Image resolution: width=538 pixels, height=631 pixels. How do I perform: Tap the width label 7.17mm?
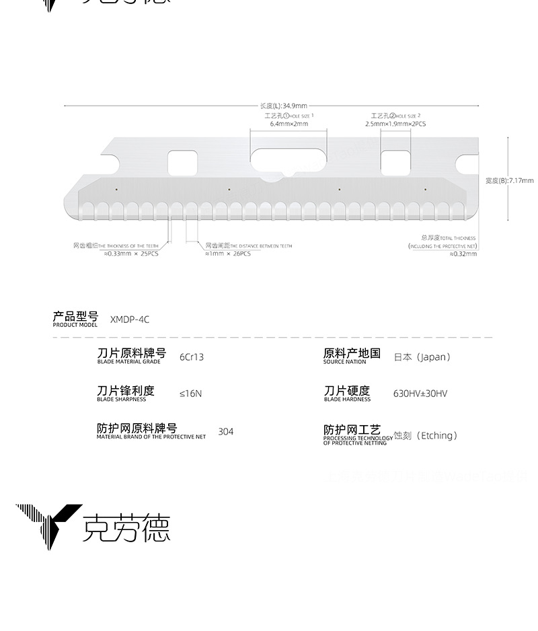tap(509, 180)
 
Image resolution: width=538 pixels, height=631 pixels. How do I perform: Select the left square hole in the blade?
tap(182, 161)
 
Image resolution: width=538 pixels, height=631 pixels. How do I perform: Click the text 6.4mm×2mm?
tap(289, 124)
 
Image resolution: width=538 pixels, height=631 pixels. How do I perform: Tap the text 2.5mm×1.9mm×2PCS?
tap(395, 124)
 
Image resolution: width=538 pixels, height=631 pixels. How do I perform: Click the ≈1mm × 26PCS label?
tap(228, 254)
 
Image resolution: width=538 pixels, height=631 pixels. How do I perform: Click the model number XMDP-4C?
tap(130, 320)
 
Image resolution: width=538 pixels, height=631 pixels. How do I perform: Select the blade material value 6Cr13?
tap(192, 357)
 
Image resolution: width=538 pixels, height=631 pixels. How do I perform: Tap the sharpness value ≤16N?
tap(190, 394)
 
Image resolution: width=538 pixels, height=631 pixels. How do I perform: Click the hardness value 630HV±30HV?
tap(420, 394)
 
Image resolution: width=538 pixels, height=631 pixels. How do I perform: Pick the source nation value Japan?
tap(422, 357)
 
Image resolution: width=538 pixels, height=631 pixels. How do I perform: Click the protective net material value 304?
tap(226, 431)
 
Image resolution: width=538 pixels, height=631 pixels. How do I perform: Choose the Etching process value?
tap(426, 435)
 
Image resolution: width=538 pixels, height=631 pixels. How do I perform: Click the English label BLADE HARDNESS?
tap(347, 400)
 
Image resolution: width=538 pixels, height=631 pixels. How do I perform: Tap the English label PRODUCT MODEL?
tap(75, 325)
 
